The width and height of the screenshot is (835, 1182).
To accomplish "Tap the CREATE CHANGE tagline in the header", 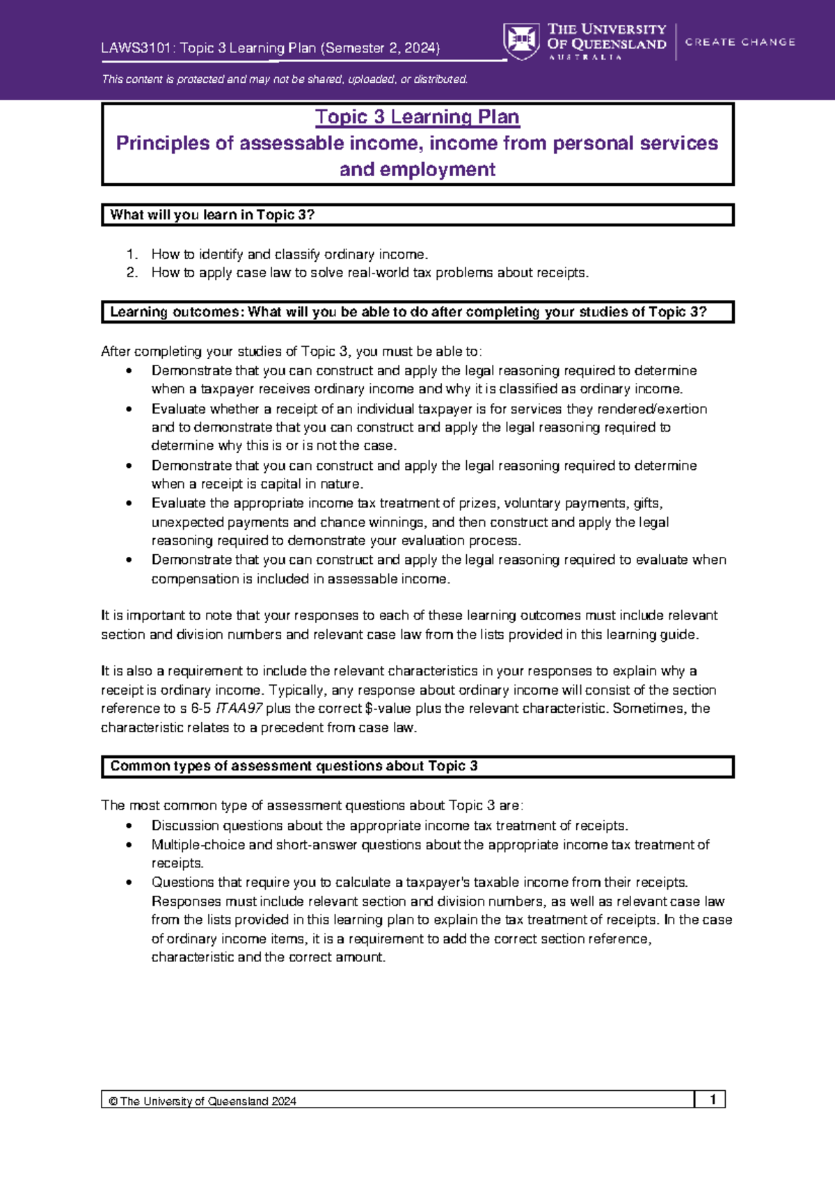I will click(740, 42).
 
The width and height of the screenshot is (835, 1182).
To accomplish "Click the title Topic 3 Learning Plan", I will click(417, 117).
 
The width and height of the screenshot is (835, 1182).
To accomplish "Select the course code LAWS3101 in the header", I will click(138, 48).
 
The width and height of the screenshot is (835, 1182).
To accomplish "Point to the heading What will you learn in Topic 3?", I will click(212, 215).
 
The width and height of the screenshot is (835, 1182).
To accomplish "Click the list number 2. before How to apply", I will click(132, 273).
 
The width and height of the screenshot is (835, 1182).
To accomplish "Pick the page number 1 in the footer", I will click(713, 1099).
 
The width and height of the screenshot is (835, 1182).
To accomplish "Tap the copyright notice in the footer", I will click(202, 1101).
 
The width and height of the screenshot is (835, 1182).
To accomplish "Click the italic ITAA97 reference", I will click(239, 709).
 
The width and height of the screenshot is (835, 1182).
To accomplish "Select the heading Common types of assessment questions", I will click(294, 766).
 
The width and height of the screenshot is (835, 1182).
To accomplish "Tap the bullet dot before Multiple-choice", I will click(129, 845).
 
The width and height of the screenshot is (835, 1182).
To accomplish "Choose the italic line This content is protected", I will click(285, 79).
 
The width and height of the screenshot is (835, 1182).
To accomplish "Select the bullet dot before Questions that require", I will click(129, 883).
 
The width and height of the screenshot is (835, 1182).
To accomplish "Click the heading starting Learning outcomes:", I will click(408, 313).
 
